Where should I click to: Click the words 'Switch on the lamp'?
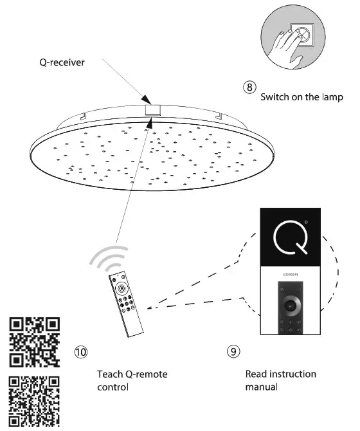(302, 98)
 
